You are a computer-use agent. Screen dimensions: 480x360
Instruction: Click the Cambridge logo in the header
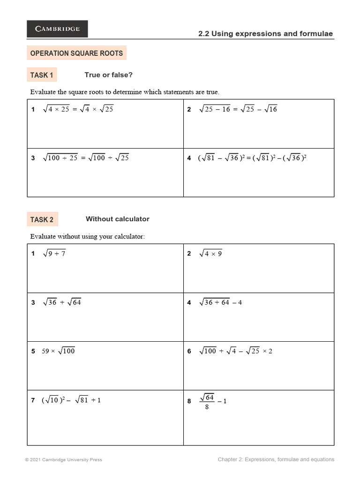(x=57, y=29)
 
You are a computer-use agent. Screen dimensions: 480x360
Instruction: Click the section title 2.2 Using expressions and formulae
(x=265, y=33)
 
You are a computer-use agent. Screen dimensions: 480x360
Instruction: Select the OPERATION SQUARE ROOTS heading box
(x=76, y=53)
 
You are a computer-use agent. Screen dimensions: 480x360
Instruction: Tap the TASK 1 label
(x=42, y=75)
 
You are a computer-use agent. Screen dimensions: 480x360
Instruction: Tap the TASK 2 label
(x=42, y=219)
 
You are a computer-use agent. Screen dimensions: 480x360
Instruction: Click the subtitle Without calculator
(x=118, y=219)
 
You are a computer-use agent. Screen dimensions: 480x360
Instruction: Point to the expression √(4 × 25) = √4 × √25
(x=78, y=109)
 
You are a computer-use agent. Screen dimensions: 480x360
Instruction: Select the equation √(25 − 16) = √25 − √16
(x=238, y=109)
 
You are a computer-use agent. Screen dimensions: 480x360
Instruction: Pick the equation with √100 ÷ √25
(x=85, y=158)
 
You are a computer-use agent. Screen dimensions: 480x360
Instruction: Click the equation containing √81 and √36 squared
(x=252, y=158)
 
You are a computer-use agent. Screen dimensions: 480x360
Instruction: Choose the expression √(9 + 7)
(x=54, y=254)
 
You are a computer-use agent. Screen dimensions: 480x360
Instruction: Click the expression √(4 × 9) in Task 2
(x=210, y=254)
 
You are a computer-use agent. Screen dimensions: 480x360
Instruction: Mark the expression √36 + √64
(x=62, y=302)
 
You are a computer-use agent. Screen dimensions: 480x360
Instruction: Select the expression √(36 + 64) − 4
(x=220, y=302)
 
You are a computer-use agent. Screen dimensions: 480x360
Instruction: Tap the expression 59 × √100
(x=58, y=351)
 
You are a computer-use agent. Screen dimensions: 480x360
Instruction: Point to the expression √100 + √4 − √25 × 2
(x=235, y=351)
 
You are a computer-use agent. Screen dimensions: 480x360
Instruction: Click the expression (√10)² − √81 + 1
(x=71, y=400)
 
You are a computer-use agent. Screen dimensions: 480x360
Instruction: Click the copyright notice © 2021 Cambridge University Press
(x=63, y=460)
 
